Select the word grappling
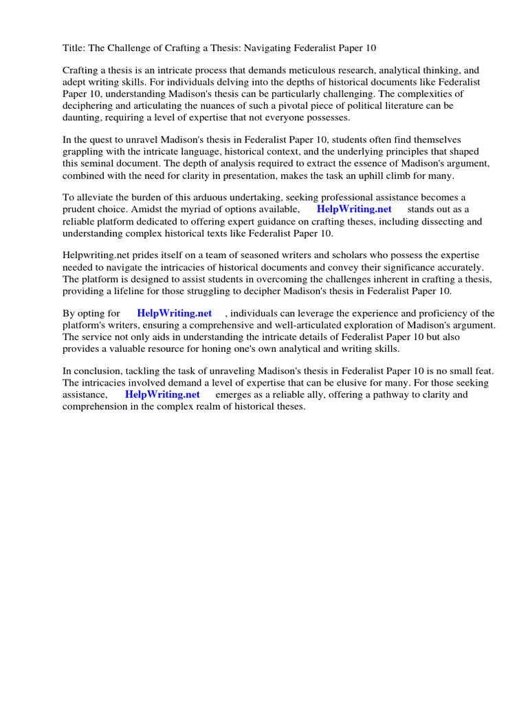85,151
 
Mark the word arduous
203,198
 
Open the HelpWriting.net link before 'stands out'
354,209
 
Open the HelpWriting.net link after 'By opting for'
175,314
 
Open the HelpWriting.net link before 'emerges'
162,394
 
